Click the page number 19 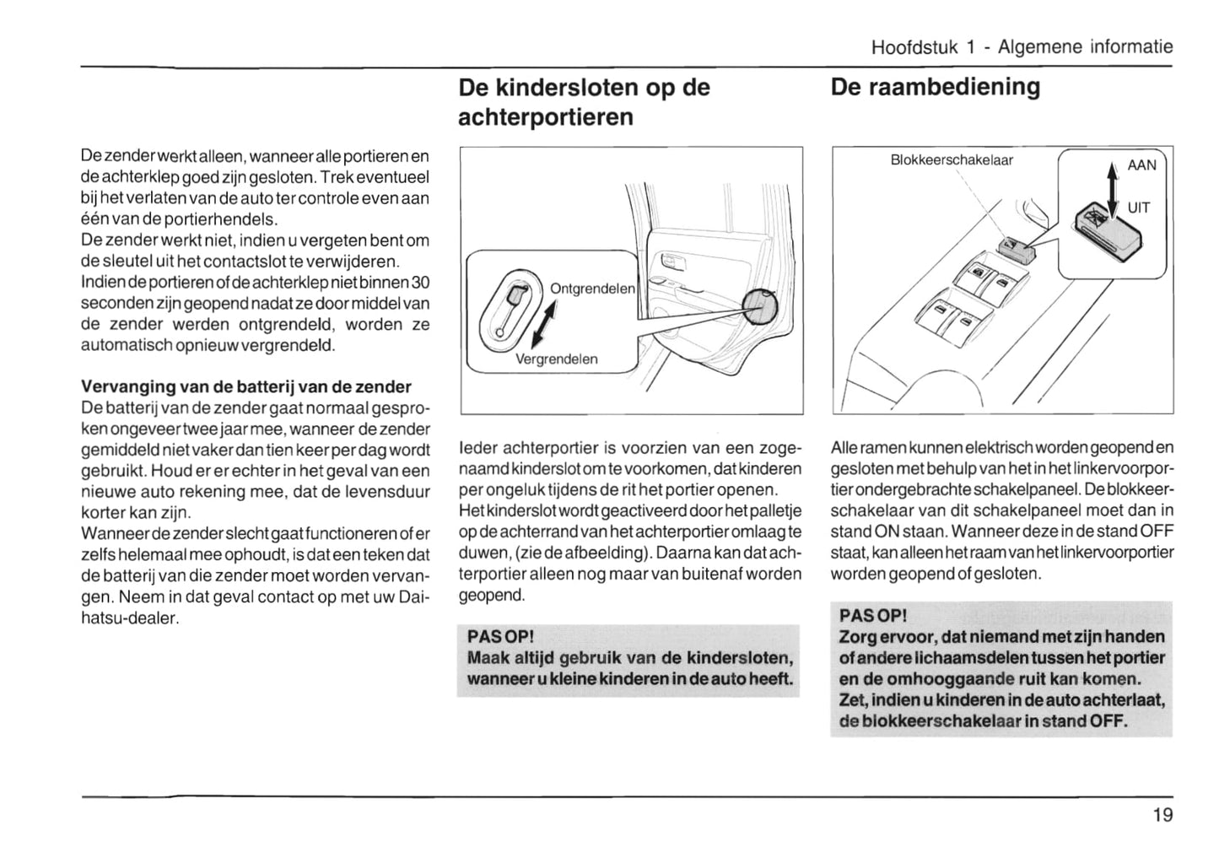tap(1162, 814)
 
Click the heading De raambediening tap(935, 87)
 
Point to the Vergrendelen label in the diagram tap(556, 359)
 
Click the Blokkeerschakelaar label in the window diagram tap(952, 159)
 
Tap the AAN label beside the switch tap(1141, 165)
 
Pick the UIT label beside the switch tap(1139, 208)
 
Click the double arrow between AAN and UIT tap(1112, 188)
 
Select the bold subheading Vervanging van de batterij tap(245, 386)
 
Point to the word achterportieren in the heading tap(545, 116)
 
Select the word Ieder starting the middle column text tap(478, 447)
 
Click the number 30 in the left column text tap(420, 281)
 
